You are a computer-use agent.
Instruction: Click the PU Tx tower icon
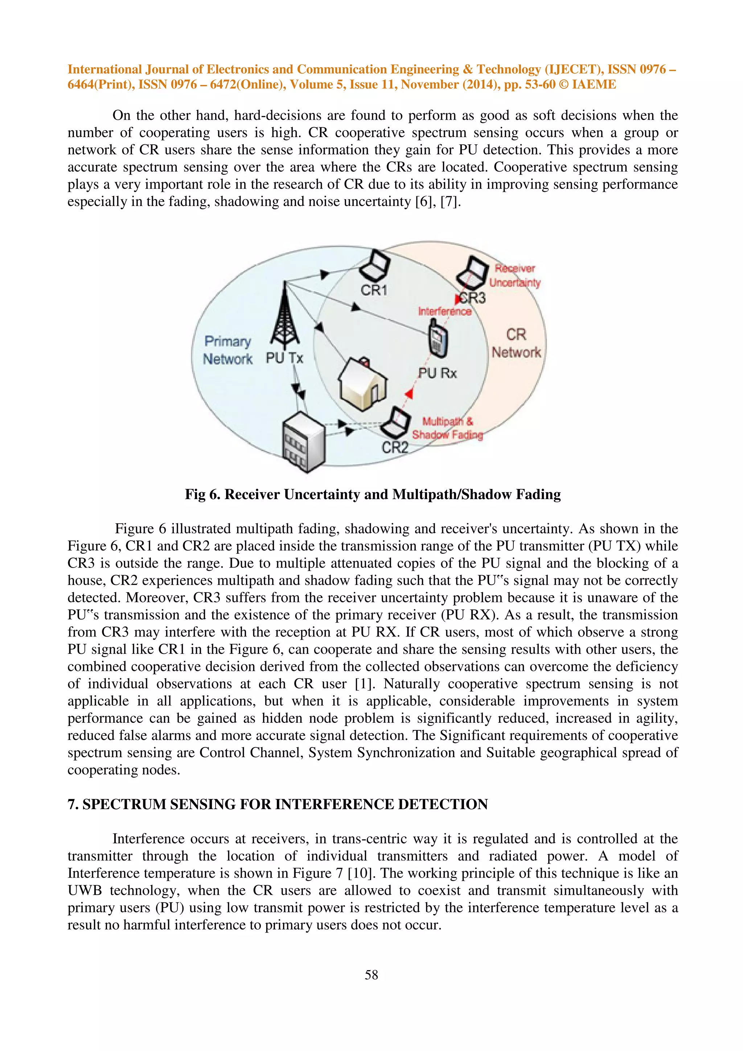[285, 314]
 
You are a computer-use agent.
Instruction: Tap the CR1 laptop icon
[375, 267]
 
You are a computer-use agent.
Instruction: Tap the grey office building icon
[303, 442]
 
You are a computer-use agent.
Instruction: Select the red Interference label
[444, 311]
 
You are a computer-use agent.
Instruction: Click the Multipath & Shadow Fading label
[447, 428]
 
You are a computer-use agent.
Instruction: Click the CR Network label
[516, 343]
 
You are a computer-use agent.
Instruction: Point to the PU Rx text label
[437, 373]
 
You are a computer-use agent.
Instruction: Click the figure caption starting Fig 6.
[373, 494]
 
